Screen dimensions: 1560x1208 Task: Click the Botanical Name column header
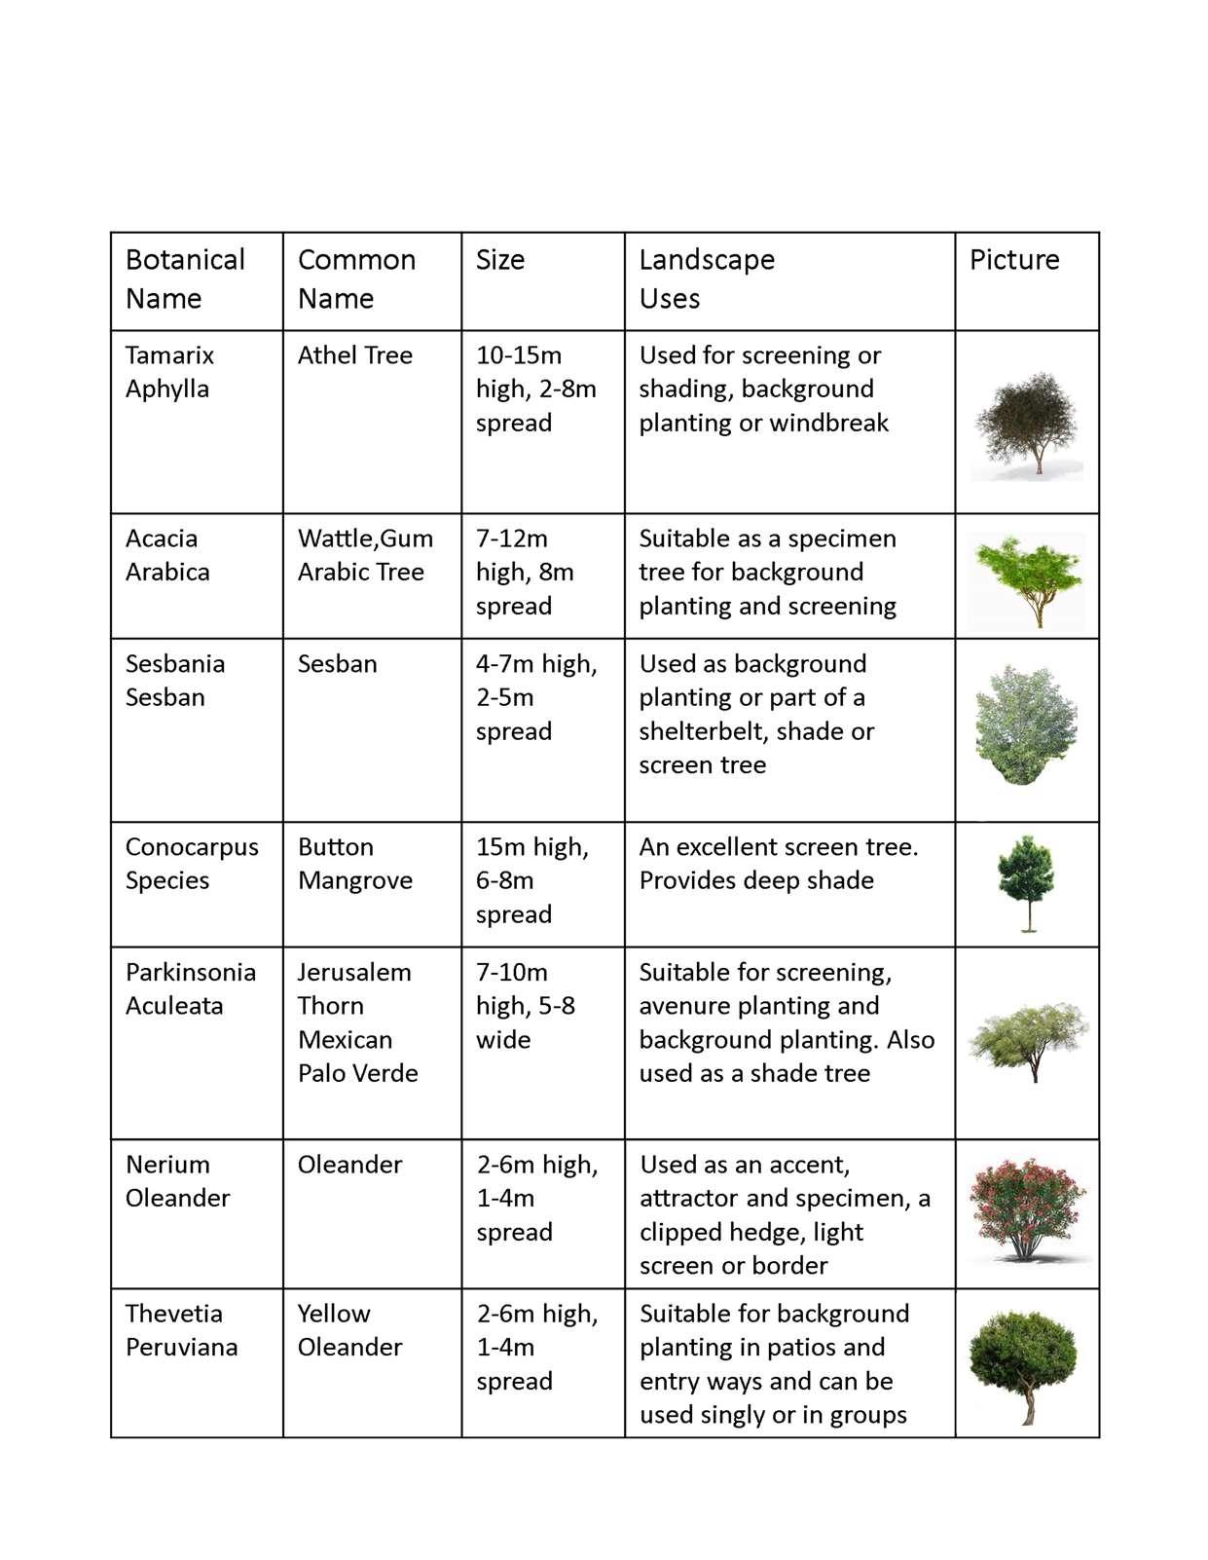185,279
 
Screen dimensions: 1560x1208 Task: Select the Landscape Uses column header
707,279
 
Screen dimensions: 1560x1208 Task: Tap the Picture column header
1014,260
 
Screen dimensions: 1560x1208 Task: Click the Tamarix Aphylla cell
169,372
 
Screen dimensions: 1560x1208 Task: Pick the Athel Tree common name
355,355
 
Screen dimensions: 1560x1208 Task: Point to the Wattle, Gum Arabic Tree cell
365,555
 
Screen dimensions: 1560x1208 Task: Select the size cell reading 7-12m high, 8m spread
526,572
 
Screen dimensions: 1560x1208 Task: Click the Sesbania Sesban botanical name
175,681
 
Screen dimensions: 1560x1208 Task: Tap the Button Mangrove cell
355,864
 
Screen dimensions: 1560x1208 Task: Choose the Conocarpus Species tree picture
1026,882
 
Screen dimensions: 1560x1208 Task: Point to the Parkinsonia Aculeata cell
191,988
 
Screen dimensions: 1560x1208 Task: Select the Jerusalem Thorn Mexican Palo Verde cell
357,1022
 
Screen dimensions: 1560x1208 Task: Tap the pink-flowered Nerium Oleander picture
1027,1209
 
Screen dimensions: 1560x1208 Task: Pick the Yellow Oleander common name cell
349,1330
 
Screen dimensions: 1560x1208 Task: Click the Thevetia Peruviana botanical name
181,1330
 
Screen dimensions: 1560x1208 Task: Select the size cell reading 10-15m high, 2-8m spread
535,389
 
